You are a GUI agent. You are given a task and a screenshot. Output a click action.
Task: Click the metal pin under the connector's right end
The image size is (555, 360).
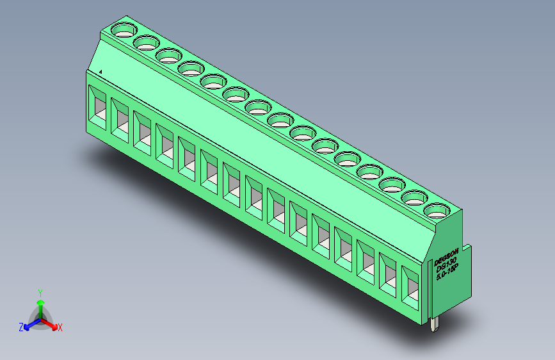435,324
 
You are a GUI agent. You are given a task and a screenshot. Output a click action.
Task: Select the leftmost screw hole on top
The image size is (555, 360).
124,29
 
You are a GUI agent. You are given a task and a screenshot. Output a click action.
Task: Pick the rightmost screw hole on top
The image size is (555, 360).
437,210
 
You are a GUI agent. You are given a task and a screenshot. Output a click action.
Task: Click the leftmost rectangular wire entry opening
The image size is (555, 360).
98,105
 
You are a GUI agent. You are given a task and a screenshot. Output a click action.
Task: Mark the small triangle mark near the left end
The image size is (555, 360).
101,72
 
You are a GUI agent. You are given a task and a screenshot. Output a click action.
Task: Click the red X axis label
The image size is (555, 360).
60,328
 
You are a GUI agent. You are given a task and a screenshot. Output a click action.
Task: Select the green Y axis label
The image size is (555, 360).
40,291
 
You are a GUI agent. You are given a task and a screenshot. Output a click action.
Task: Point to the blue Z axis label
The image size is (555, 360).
21,327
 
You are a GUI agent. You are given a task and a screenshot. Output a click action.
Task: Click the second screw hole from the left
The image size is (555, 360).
147,43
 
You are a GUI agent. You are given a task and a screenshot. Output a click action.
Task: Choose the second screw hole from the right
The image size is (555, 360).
414,197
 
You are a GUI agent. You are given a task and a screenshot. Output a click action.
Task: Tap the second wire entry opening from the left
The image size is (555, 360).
120,118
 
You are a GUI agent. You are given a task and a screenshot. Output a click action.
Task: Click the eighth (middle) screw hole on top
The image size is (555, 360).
280,120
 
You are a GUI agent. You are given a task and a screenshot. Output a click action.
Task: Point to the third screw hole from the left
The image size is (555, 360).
168,56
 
